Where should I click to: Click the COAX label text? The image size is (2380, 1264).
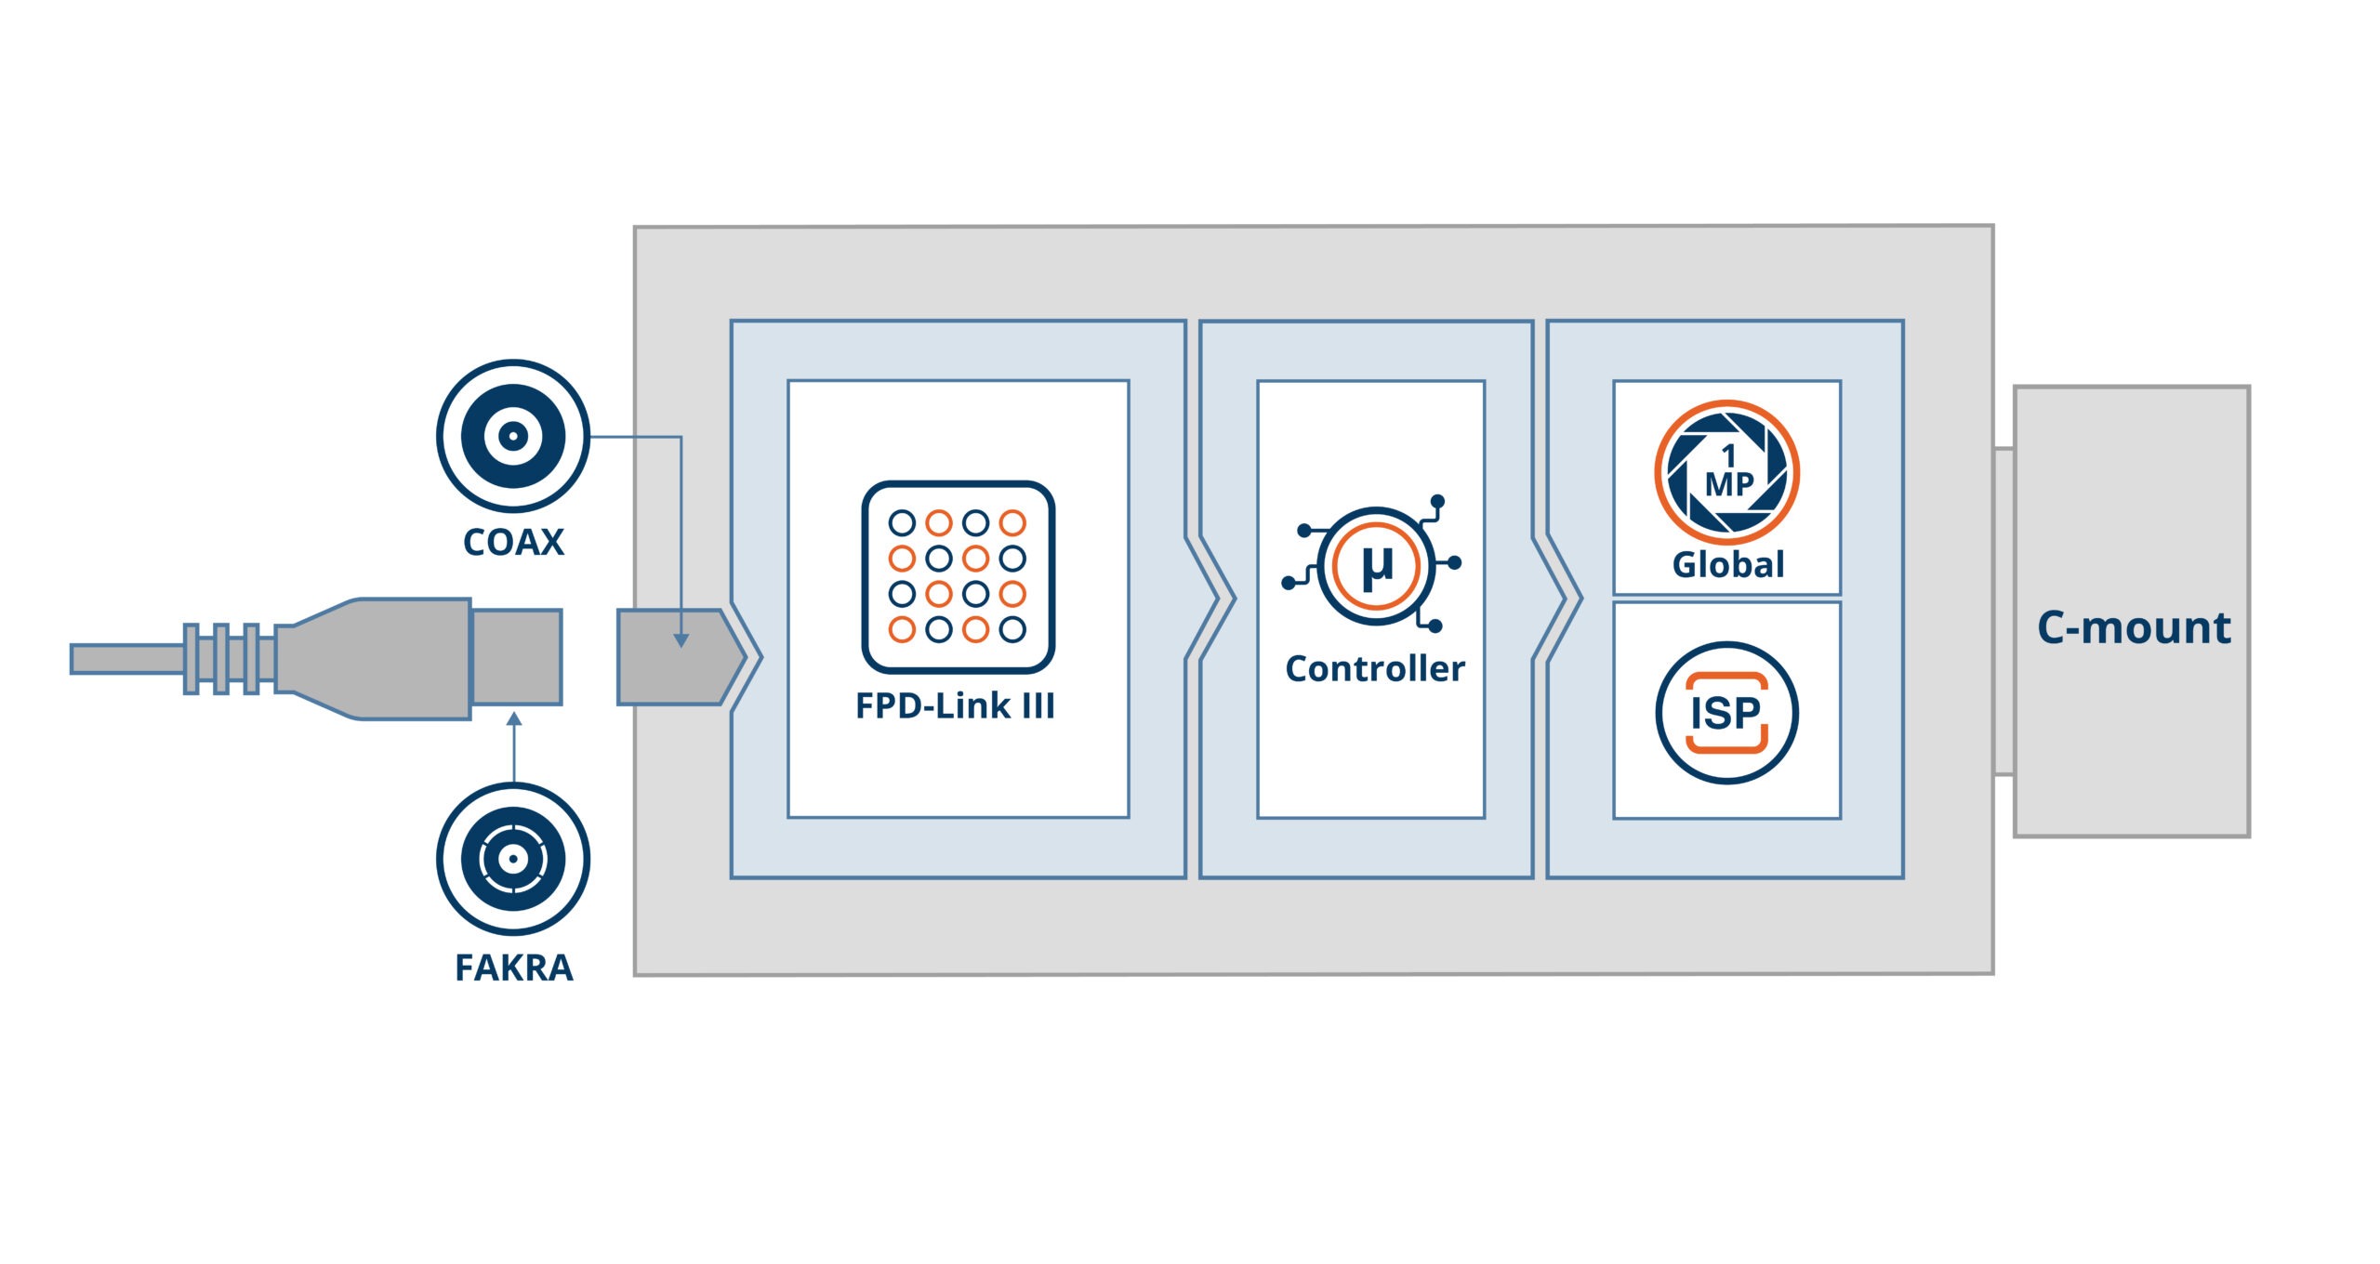click(x=513, y=543)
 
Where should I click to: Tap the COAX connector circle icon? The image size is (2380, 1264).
click(x=513, y=436)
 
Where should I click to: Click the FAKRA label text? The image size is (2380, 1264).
click(x=513, y=968)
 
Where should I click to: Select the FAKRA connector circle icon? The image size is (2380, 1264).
click(x=513, y=859)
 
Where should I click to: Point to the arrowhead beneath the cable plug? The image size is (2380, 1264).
click(x=514, y=718)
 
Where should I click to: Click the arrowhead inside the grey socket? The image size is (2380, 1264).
click(x=681, y=640)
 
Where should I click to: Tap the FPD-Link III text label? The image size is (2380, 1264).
click(x=955, y=706)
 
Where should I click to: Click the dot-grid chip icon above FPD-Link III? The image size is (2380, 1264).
click(x=958, y=576)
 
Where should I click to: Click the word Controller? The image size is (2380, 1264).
click(x=1375, y=669)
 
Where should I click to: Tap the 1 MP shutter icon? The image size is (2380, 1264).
click(x=1726, y=472)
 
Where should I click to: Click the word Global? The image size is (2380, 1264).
click(x=1727, y=565)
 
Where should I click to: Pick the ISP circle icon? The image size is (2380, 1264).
click(x=1726, y=713)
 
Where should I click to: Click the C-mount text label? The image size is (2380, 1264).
click(x=2134, y=628)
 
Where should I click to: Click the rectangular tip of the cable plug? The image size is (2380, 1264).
click(x=517, y=656)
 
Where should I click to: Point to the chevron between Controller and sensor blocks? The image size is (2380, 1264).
click(x=1559, y=599)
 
